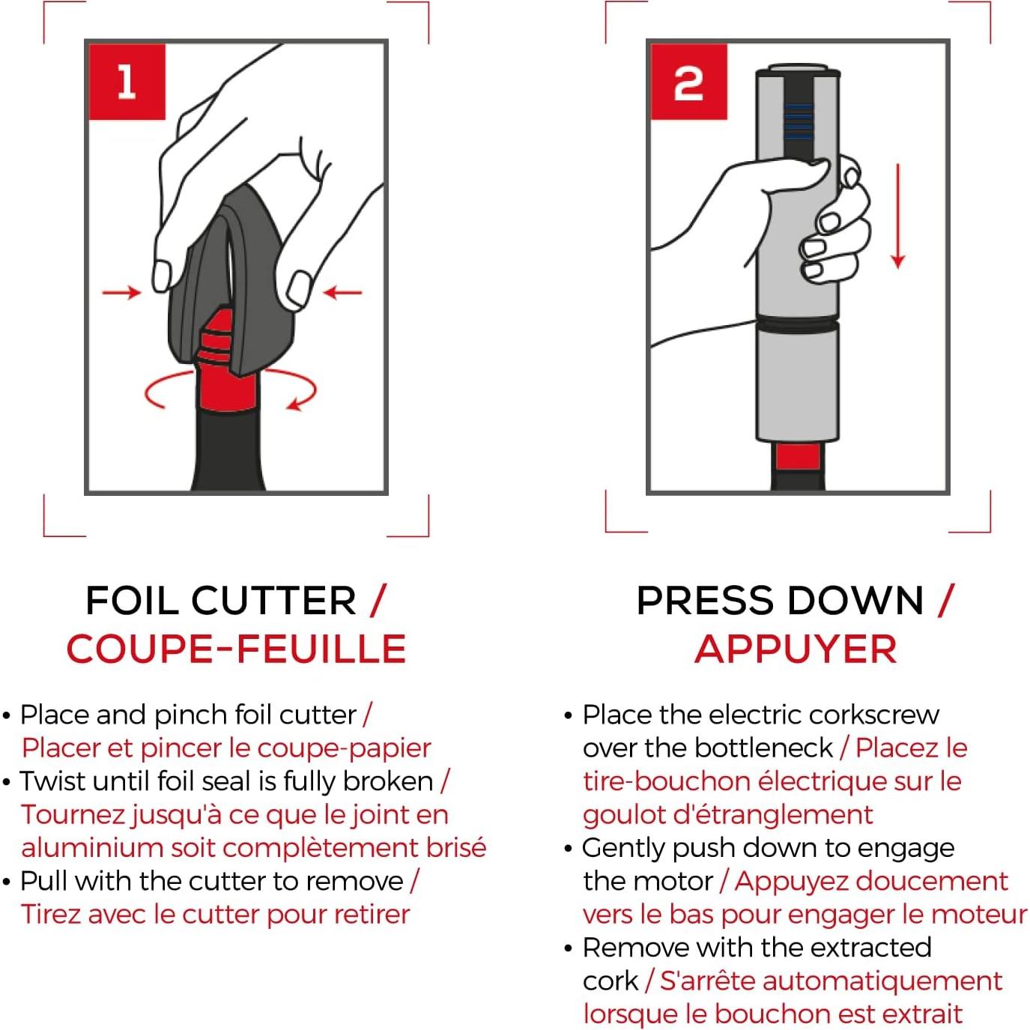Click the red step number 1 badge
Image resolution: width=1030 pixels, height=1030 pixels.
point(127,82)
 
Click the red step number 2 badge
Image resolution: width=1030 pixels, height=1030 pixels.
point(688,82)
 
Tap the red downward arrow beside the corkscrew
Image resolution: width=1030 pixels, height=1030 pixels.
point(898,216)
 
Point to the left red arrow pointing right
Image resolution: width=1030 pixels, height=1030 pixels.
point(122,292)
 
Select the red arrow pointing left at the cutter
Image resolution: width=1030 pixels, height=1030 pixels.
point(342,292)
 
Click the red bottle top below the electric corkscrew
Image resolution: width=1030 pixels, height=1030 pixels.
point(798,457)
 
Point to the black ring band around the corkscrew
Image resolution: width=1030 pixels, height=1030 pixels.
point(797,323)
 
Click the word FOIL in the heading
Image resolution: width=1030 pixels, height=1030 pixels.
point(132,600)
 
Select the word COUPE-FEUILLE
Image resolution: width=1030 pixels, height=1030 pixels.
point(236,649)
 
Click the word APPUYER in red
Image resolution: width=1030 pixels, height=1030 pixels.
point(796,649)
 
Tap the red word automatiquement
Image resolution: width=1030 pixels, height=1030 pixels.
point(831,981)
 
